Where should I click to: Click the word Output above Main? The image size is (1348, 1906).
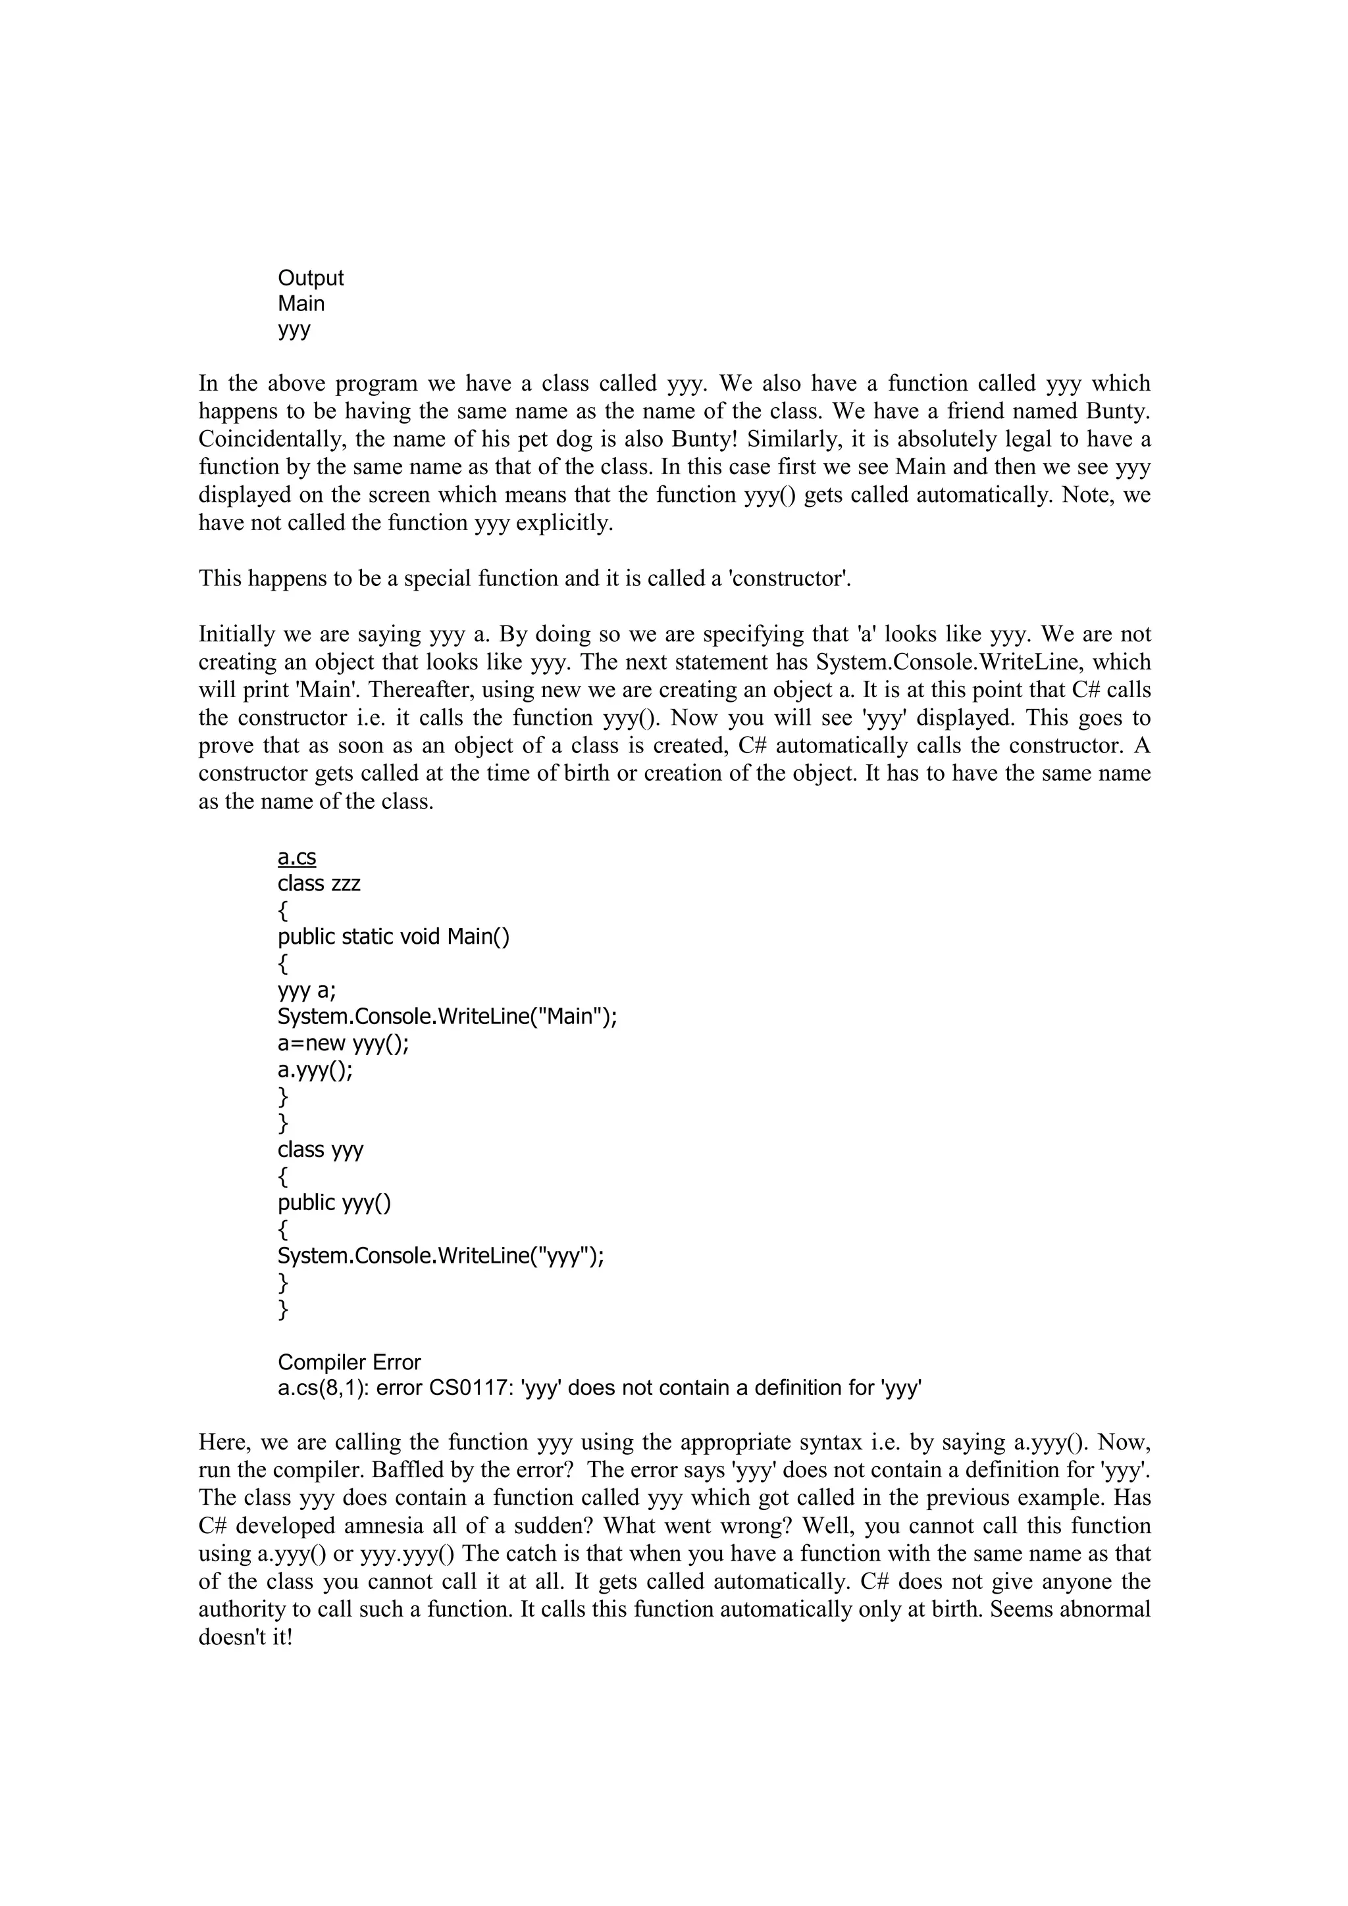click(310, 279)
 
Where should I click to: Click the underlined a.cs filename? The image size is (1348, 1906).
click(296, 858)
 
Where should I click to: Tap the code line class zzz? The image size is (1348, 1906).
click(319, 884)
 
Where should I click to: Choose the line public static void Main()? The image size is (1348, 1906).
click(394, 937)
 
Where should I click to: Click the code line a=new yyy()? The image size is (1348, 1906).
click(343, 1044)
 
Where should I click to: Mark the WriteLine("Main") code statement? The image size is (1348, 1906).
click(447, 1017)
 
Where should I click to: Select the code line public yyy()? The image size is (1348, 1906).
click(334, 1203)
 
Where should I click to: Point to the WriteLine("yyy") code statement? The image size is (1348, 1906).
click(440, 1256)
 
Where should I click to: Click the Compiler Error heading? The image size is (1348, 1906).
click(349, 1362)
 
